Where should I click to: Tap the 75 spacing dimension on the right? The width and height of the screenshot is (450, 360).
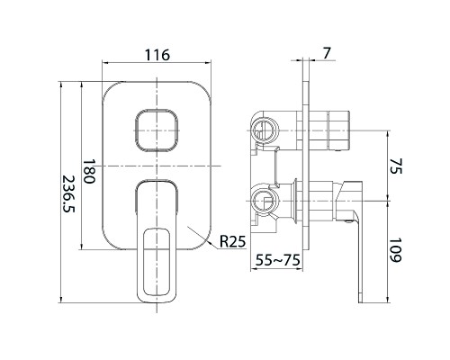pos(397,166)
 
